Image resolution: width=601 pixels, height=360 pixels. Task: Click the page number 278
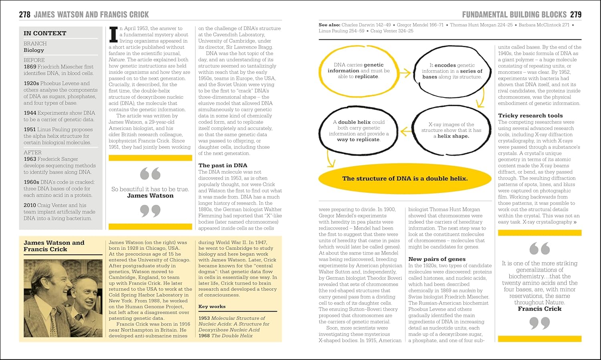(x=24, y=15)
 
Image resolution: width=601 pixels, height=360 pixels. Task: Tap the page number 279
(x=576, y=15)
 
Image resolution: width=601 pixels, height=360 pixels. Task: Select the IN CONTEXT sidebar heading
(x=45, y=33)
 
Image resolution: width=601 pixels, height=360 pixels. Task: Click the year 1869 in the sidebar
(x=30, y=67)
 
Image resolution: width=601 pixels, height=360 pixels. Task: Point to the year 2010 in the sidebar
(x=30, y=205)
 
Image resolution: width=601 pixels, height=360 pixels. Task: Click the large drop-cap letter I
(x=113, y=34)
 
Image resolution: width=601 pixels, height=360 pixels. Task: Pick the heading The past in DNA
(x=223, y=165)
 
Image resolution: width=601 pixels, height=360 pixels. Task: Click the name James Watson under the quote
(x=150, y=196)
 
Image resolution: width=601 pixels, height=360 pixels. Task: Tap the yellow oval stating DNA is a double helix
(x=405, y=178)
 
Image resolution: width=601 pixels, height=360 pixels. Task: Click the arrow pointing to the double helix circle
(x=406, y=131)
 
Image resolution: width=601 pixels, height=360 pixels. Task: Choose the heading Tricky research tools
(x=530, y=115)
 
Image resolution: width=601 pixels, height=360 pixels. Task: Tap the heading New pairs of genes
(x=437, y=259)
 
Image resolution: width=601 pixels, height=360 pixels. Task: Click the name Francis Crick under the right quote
(x=539, y=309)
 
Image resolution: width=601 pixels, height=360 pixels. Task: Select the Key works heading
(x=212, y=306)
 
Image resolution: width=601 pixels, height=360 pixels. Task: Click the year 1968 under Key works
(x=204, y=336)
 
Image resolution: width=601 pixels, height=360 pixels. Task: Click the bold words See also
(x=329, y=25)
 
